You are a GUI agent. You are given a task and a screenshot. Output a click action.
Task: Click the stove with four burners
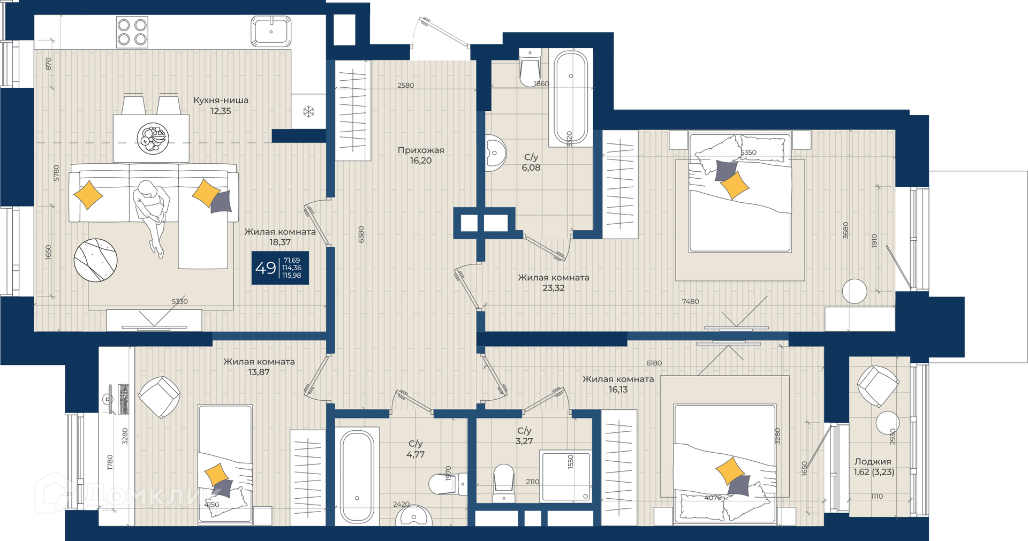coord(132,32)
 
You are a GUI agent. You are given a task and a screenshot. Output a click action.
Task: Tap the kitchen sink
coord(271,32)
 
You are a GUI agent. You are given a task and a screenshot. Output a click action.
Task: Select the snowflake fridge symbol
coord(308,112)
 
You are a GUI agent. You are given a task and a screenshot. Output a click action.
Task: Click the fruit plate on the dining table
coord(153,138)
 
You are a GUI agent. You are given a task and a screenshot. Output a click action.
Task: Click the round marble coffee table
coord(95,260)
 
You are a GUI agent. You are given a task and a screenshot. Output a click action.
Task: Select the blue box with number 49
coord(280,268)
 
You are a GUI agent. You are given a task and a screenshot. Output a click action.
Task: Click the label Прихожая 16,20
coord(421,155)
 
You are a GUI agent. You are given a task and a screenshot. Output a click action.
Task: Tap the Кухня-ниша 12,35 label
coord(221,105)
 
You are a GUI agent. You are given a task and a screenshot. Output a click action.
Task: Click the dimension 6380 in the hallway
coord(361,234)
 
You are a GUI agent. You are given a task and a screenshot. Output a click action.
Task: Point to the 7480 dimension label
coord(691,301)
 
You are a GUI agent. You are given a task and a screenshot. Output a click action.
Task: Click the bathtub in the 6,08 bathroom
coord(571,97)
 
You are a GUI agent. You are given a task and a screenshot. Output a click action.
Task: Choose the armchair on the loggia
coord(878,386)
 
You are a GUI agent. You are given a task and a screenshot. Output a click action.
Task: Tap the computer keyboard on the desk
coord(124,399)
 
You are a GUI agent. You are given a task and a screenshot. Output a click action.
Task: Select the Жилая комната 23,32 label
coord(554,283)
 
